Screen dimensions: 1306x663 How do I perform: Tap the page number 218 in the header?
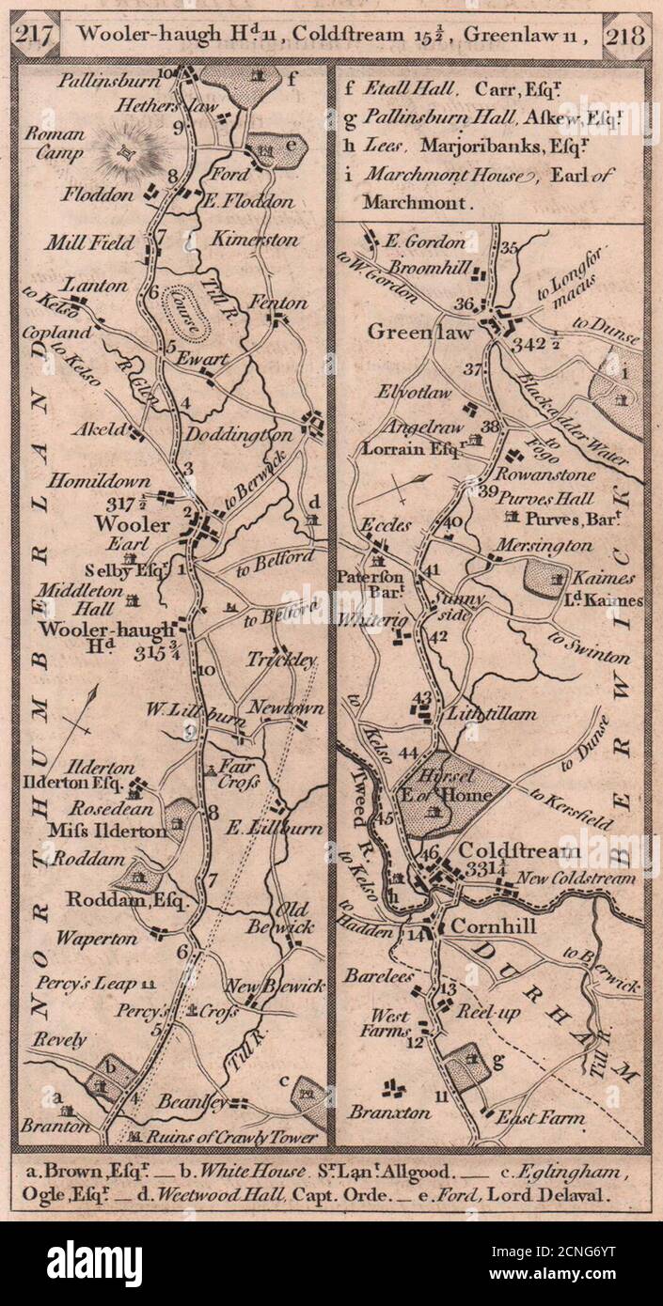pos(624,37)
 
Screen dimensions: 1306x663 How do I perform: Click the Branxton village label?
pos(389,1112)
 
